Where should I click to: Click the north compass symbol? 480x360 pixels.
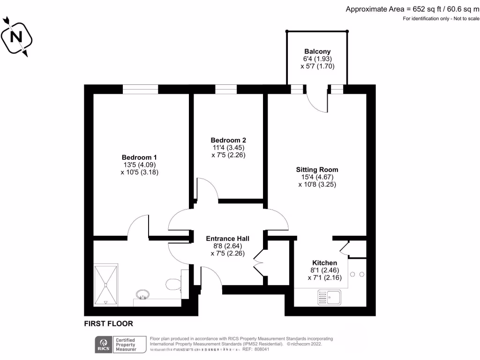(16, 36)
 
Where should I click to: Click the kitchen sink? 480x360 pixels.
(329, 297)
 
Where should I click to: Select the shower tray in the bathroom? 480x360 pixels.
(105, 285)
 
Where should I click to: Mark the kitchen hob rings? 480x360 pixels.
(357, 274)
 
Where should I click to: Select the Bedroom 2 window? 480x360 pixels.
(226, 89)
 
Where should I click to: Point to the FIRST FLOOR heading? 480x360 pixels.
(108, 323)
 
